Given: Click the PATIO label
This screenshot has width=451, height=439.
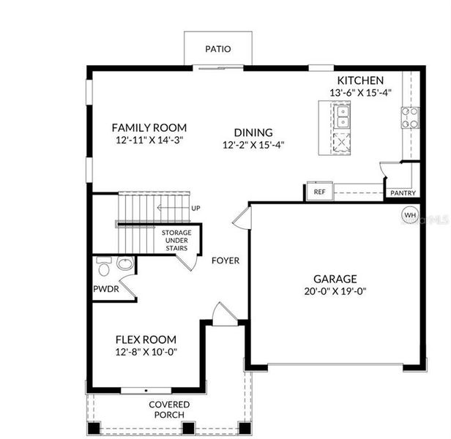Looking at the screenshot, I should (x=218, y=50).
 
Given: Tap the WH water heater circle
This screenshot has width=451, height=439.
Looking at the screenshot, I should (x=410, y=216).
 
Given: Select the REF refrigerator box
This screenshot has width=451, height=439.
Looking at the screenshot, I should (x=319, y=192).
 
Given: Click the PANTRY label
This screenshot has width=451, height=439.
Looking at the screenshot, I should (x=403, y=193).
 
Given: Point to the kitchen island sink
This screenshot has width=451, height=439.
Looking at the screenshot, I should (x=342, y=116).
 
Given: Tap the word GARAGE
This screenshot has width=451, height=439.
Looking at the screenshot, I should (x=335, y=279).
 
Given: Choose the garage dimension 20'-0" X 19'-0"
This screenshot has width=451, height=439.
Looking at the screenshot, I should (x=335, y=291).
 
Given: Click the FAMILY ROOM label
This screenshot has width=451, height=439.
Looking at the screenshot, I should (x=149, y=127).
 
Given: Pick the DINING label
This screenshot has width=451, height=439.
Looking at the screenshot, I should (x=253, y=132).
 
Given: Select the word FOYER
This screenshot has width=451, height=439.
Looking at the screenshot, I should (x=225, y=260).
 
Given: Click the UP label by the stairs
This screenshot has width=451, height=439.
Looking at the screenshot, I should (x=195, y=209).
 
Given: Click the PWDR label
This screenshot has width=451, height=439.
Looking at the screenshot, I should (x=105, y=289).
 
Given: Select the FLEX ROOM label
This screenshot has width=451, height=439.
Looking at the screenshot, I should (x=146, y=339).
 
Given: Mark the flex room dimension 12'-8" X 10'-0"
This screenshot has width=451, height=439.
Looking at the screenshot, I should (x=146, y=352).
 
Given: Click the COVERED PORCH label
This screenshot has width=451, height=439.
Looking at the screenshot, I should (x=169, y=409).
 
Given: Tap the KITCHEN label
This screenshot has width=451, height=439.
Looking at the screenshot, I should (x=359, y=80).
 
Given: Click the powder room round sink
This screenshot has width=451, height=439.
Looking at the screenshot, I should (x=125, y=264).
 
